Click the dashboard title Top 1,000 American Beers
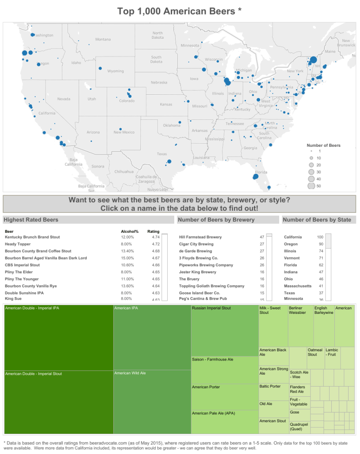click(180, 11)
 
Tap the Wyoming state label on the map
click(116, 71)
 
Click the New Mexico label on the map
click(124, 132)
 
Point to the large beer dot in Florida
click(255, 177)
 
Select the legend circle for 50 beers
click(311, 186)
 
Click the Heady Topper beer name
click(17, 244)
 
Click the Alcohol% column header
click(130, 231)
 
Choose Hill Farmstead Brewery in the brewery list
click(200, 237)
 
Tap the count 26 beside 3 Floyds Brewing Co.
click(262, 258)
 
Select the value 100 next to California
click(320, 237)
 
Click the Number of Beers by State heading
click(317, 220)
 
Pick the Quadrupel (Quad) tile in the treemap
click(300, 426)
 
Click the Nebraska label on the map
click(159, 82)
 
